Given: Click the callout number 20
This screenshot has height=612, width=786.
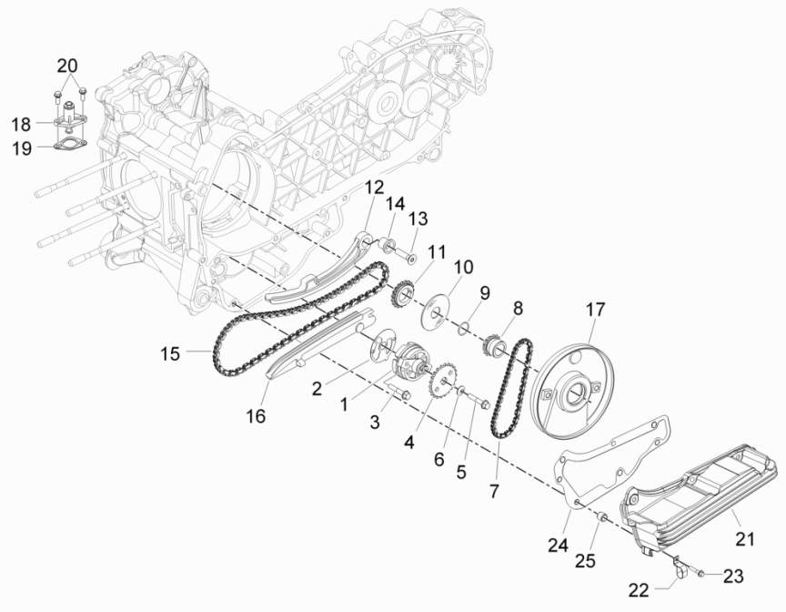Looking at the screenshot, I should tap(68, 66).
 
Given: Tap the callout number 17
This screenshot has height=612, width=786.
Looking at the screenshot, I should tap(594, 310).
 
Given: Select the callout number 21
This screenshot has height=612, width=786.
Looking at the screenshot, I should tap(746, 539).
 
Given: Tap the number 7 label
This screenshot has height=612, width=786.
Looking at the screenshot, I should tap(494, 491).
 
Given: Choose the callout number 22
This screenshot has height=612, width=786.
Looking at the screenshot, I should tap(640, 590).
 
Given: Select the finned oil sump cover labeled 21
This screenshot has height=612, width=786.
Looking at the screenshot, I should tap(700, 492).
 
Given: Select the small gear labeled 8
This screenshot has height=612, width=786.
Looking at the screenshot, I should tap(497, 344).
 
